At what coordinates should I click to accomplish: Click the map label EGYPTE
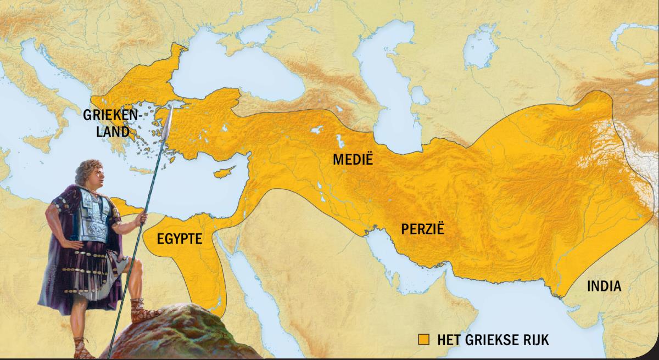[180, 239]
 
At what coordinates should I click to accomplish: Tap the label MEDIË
[353, 161]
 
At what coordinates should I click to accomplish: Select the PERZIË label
[422, 228]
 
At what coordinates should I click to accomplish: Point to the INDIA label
[604, 286]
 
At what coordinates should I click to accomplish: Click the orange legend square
[423, 339]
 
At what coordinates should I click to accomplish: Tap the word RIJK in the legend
[535, 339]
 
